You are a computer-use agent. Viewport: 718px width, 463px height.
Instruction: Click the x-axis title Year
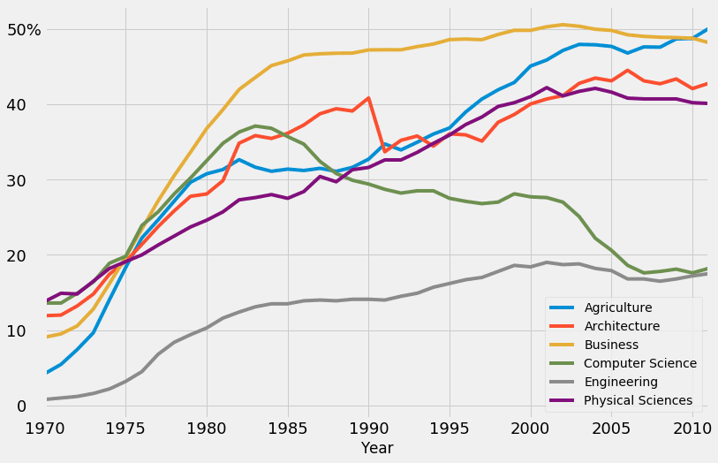(377, 449)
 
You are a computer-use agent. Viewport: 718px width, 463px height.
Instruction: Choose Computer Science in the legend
(640, 363)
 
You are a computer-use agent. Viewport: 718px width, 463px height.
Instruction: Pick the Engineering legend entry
(621, 382)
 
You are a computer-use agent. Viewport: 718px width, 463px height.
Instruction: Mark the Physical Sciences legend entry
(638, 400)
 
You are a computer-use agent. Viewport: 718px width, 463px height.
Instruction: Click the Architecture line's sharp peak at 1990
(368, 98)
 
